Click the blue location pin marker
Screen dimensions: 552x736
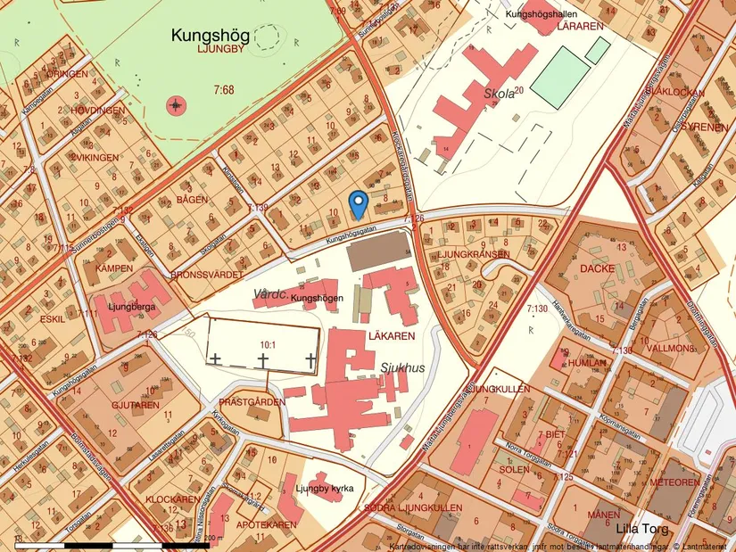[357, 204]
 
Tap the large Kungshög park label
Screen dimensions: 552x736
[211, 36]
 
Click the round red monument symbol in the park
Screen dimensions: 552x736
[177, 106]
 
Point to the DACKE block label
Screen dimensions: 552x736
[598, 267]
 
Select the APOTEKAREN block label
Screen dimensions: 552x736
[266, 524]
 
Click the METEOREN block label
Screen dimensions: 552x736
[674, 482]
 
